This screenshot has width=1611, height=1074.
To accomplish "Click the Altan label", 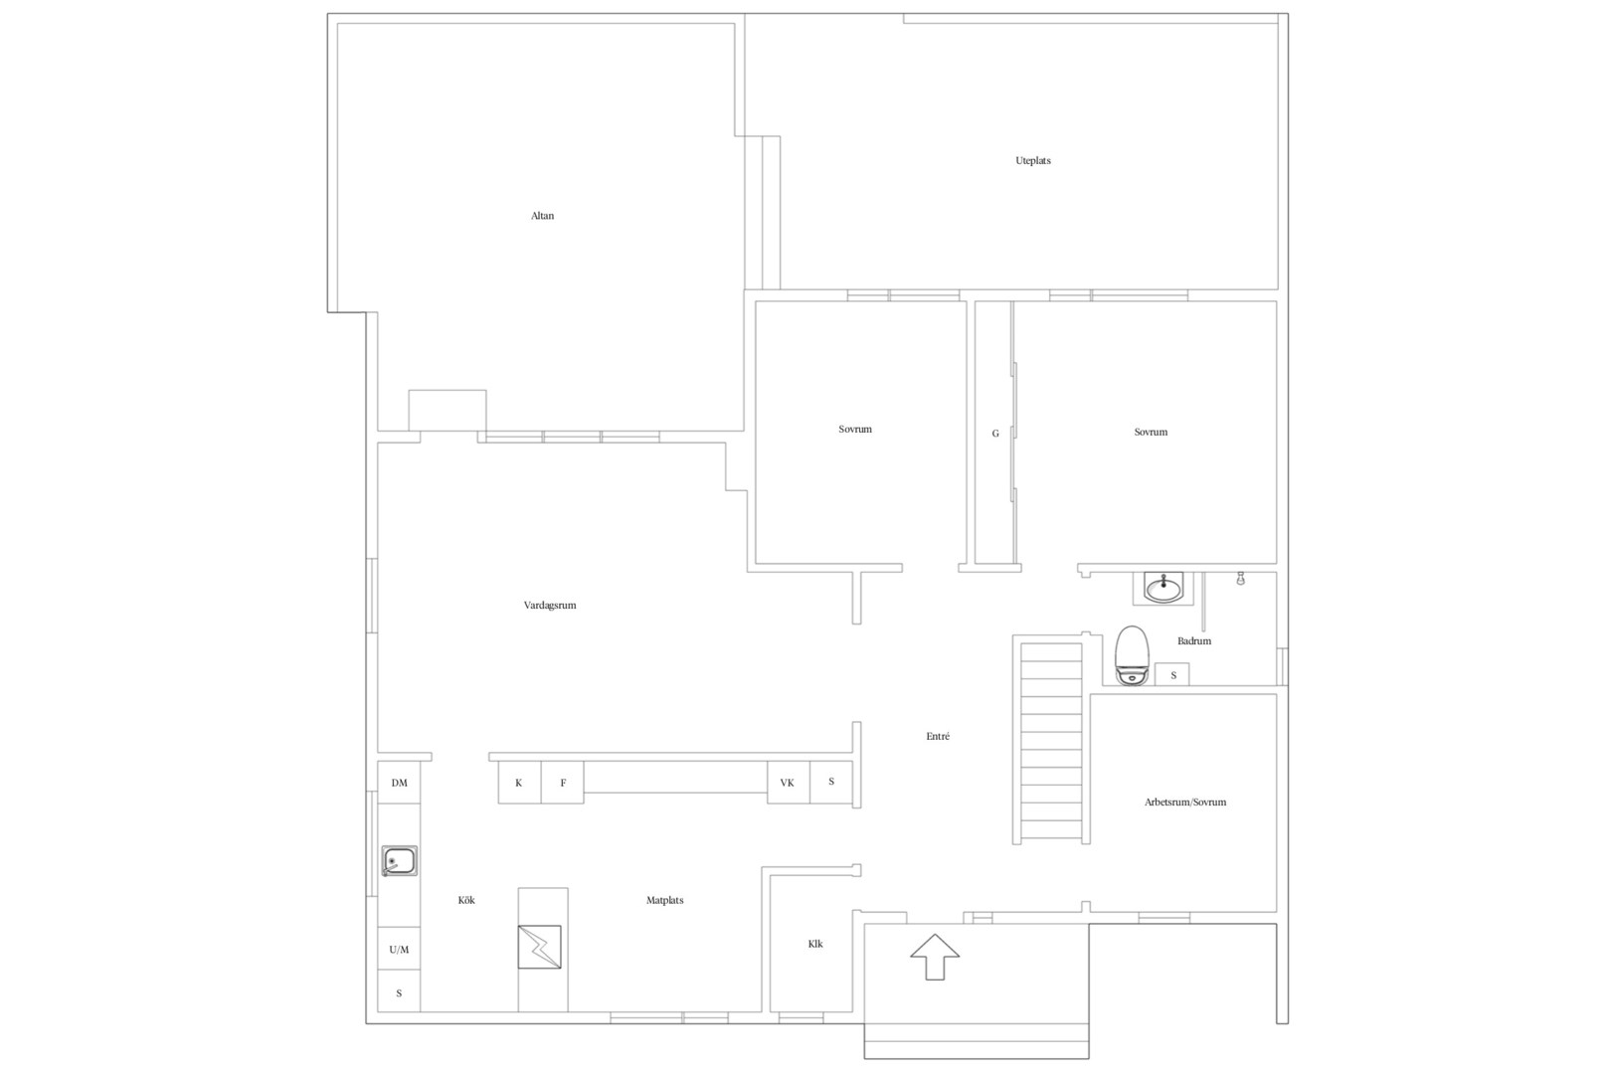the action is click(542, 216).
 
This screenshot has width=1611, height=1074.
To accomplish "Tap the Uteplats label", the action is click(1033, 160).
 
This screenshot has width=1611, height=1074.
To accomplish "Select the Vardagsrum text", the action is click(550, 605).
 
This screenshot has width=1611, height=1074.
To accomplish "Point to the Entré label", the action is click(938, 736).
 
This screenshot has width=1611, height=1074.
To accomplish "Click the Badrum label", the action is click(1194, 641).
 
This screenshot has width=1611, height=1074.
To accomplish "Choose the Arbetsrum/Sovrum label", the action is click(1185, 803).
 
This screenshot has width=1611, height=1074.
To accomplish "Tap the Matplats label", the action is click(664, 900).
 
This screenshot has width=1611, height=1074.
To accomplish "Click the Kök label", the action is click(466, 900).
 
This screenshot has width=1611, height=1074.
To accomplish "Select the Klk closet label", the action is click(814, 944).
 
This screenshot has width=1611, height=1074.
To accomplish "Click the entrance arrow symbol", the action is click(934, 957).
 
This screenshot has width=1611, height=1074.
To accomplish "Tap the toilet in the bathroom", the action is click(1132, 655).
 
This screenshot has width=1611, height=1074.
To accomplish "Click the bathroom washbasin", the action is click(1163, 588).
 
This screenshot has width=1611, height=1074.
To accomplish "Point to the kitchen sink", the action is click(399, 861).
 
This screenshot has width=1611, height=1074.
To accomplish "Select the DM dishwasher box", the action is click(399, 783).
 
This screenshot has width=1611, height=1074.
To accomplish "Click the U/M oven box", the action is click(399, 950).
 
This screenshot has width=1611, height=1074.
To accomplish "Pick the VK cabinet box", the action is click(789, 782).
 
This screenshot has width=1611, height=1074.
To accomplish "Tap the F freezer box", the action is click(563, 782).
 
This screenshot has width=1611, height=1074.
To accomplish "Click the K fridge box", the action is click(519, 782).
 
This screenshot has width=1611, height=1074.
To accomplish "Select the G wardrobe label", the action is click(995, 433).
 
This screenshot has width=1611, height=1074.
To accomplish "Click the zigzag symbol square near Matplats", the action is click(539, 947).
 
